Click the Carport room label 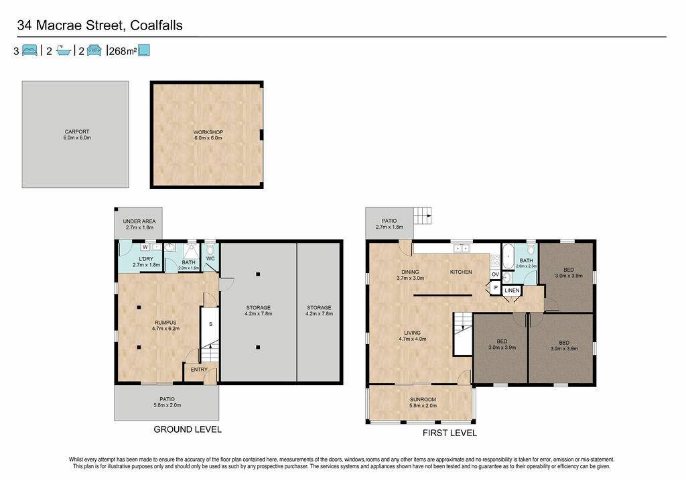(77, 134)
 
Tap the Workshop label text (208, 135)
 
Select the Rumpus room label (165, 325)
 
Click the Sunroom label (423, 403)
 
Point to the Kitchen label (461, 272)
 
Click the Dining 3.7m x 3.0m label (411, 275)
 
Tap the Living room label (412, 336)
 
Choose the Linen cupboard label (512, 290)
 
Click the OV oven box (495, 274)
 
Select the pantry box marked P (495, 288)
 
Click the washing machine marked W (145, 247)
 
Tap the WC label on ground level (210, 258)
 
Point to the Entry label (199, 370)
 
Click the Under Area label (139, 224)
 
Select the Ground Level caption (188, 429)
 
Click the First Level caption (450, 433)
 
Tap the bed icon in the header (29, 50)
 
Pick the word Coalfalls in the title (156, 25)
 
